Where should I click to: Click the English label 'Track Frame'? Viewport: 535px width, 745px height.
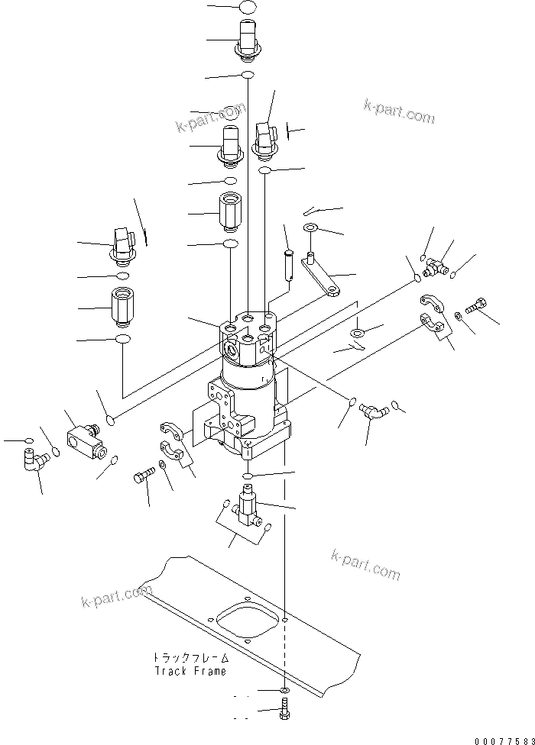pyautogui.click(x=190, y=671)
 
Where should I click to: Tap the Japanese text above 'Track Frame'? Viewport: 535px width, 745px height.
pyautogui.click(x=190, y=657)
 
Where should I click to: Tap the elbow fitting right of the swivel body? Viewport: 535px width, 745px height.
pyautogui.click(x=374, y=412)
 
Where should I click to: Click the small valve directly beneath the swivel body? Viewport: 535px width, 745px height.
pyautogui.click(x=247, y=508)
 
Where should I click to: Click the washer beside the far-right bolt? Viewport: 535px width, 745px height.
pyautogui.click(x=457, y=314)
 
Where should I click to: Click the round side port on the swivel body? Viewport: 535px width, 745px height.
pyautogui.click(x=232, y=347)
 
